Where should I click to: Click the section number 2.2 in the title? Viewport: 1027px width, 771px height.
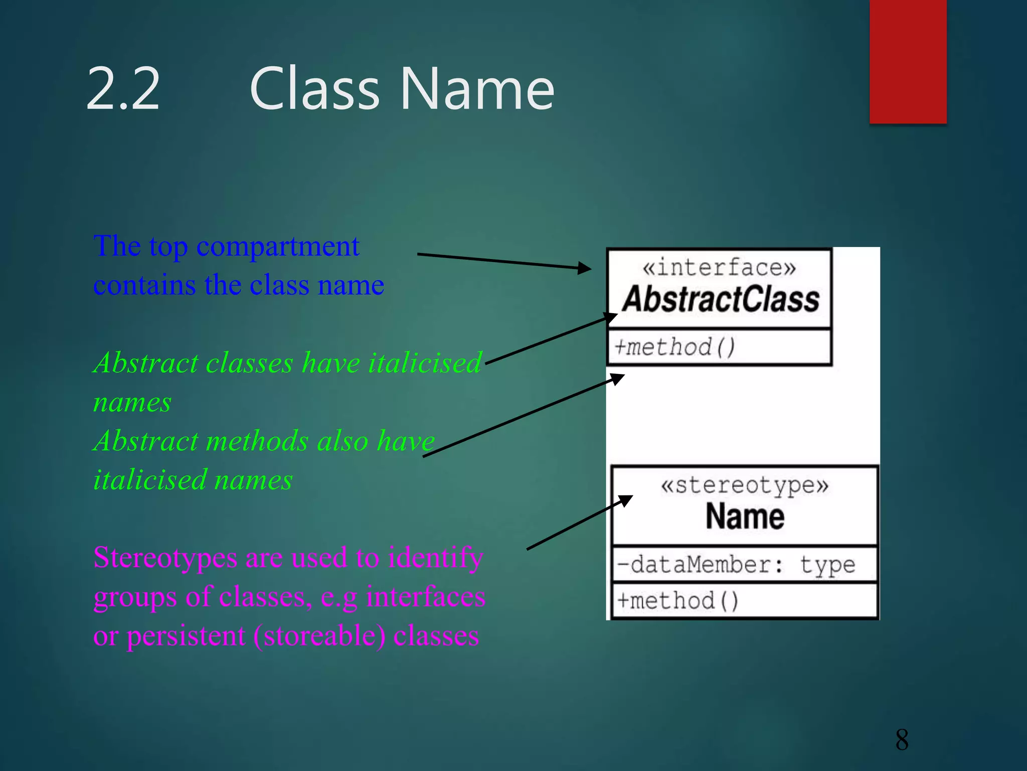[x=123, y=89]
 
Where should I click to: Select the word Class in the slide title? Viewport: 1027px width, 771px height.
[x=314, y=89]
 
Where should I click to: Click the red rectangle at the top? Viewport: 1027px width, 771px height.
[x=908, y=61]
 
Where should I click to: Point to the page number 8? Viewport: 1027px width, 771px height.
[x=902, y=739]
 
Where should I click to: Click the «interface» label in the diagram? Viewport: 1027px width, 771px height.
[x=719, y=267]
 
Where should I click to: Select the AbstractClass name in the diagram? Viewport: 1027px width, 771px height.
[x=721, y=300]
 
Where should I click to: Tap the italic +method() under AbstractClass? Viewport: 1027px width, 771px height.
[x=675, y=347]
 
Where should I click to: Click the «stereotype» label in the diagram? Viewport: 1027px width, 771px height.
[x=745, y=485]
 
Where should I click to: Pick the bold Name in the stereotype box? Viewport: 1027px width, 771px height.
[x=745, y=517]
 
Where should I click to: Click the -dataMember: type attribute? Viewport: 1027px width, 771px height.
[x=736, y=565]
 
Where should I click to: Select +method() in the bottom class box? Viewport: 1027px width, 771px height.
[x=677, y=601]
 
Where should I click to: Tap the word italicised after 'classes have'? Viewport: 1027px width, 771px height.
[x=425, y=362]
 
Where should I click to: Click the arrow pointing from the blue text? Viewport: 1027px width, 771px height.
[x=504, y=262]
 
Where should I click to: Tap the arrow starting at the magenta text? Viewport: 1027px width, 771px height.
[x=579, y=523]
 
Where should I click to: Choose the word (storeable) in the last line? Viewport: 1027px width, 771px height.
[x=319, y=636]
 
